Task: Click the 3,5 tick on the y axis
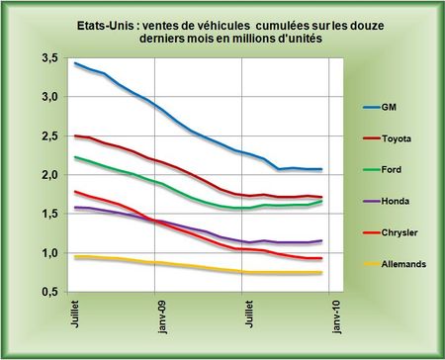coord(49,59)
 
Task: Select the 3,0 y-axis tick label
coord(49,98)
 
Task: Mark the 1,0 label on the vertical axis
coord(49,253)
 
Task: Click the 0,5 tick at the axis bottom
coord(49,292)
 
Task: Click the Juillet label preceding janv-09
coord(76,316)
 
